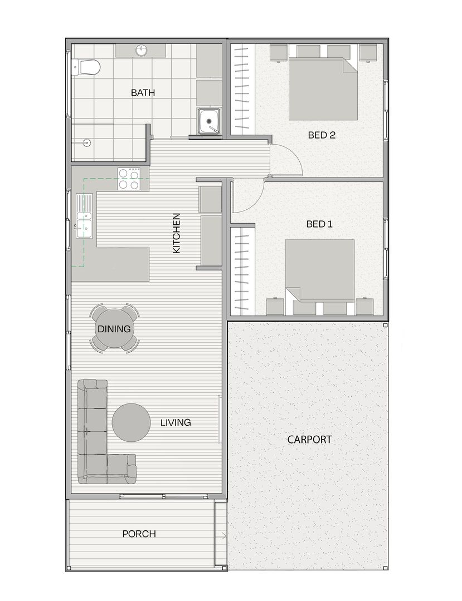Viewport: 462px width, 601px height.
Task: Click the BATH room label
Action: (143, 92)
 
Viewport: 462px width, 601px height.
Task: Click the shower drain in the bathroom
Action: (88, 142)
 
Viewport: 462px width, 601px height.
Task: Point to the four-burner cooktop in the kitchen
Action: (129, 179)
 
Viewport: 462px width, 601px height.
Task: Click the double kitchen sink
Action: (84, 216)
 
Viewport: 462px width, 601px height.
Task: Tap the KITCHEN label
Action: (176, 233)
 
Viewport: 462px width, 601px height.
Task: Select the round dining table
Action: (114, 328)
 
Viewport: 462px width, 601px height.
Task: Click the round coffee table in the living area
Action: (131, 422)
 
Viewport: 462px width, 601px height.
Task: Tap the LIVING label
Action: (176, 422)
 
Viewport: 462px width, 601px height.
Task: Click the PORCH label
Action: (139, 534)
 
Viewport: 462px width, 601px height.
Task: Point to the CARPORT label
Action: (309, 439)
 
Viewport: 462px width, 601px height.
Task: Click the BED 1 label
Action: (319, 224)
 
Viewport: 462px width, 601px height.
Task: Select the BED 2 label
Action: (322, 135)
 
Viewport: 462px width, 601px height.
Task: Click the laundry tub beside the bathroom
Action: (209, 121)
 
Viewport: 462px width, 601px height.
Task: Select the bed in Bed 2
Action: (323, 89)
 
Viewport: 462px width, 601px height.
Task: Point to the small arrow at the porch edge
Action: (222, 535)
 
